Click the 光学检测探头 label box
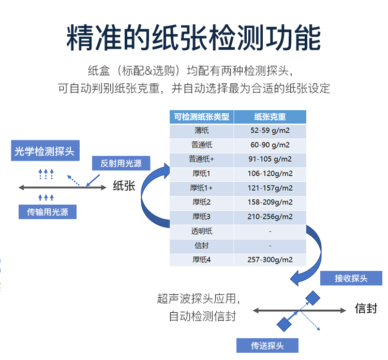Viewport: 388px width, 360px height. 44,151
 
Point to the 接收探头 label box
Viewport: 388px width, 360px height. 351,278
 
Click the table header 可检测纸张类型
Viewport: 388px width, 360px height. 202,117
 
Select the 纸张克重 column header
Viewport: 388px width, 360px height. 270,117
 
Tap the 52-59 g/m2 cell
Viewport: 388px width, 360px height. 270,131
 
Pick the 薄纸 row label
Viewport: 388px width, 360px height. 202,131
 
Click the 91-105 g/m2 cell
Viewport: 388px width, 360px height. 270,159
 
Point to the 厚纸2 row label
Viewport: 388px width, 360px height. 202,202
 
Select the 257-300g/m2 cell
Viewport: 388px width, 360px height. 270,260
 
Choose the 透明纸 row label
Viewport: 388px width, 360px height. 202,231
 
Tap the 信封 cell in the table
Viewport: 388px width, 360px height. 202,246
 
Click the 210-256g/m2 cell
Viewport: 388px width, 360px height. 270,217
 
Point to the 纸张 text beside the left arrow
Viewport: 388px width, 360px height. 124,186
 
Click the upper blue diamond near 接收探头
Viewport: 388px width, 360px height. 312,297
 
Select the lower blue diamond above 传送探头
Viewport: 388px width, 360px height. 284,324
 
